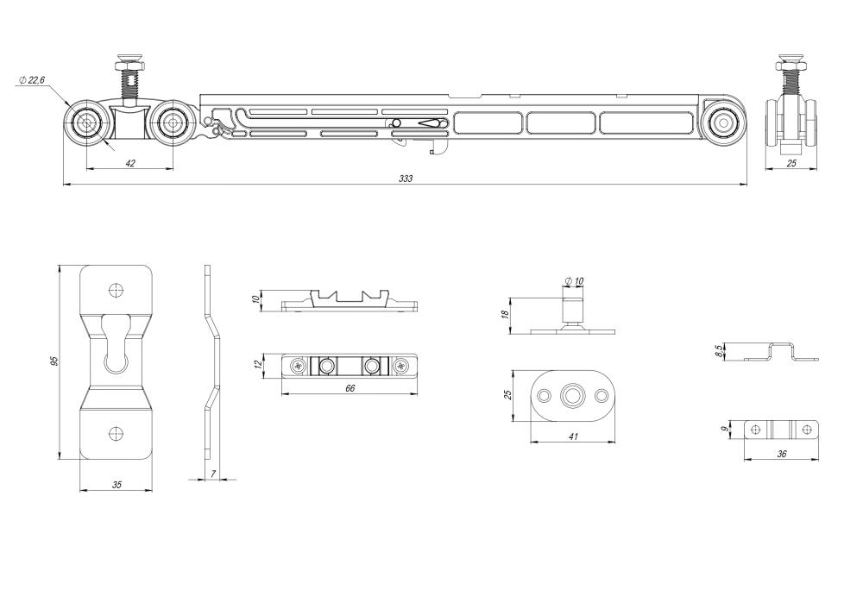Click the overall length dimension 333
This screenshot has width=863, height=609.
pyautogui.click(x=406, y=179)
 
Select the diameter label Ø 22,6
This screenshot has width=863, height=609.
pyautogui.click(x=31, y=79)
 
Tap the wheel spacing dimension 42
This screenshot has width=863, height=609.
pyautogui.click(x=130, y=162)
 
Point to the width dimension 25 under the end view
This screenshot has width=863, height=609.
pyautogui.click(x=791, y=163)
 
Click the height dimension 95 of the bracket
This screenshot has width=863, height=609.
pyautogui.click(x=54, y=361)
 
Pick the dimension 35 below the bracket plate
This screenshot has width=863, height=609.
pyautogui.click(x=117, y=485)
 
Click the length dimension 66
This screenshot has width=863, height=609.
pyautogui.click(x=350, y=389)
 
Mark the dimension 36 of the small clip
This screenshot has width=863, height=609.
pyautogui.click(x=782, y=454)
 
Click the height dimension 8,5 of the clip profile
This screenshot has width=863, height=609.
pyautogui.click(x=719, y=351)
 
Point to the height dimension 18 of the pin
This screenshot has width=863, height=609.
pyautogui.click(x=505, y=315)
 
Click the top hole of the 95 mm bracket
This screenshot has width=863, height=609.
pyautogui.click(x=117, y=290)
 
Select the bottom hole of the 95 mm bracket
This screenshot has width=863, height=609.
pyautogui.click(x=117, y=434)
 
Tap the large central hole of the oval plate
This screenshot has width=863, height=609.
pyautogui.click(x=572, y=397)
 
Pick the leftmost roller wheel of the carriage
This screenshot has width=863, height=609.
pyautogui.click(x=87, y=123)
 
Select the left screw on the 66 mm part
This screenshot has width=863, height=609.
pyautogui.click(x=299, y=366)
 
